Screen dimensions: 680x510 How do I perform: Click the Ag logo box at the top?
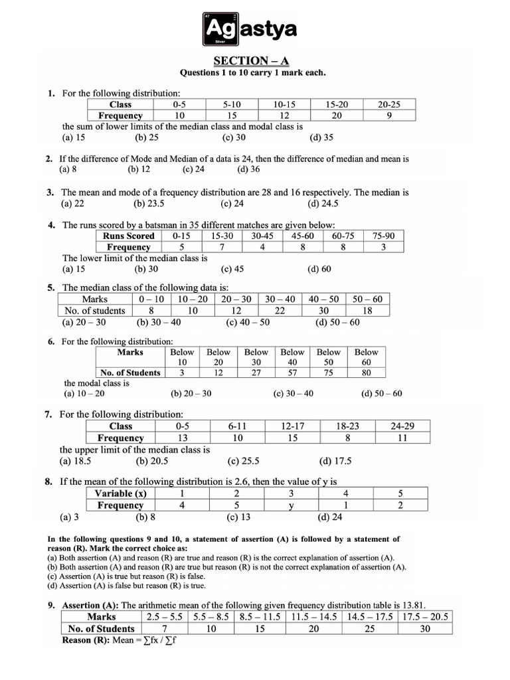pyautogui.click(x=218, y=29)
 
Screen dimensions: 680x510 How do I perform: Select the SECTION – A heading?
pyautogui.click(x=254, y=60)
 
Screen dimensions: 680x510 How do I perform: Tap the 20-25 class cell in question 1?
pyautogui.click(x=389, y=104)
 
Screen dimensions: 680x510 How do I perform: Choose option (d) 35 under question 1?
pyautogui.click(x=321, y=137)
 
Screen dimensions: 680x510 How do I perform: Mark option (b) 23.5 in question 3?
pyautogui.click(x=149, y=203)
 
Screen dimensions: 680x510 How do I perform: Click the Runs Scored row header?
pyautogui.click(x=129, y=236)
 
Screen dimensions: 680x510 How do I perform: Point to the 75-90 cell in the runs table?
pyautogui.click(x=383, y=236)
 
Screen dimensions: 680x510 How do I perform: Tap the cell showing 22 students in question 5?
pyautogui.click(x=280, y=310)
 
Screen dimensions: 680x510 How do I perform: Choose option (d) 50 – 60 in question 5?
pyautogui.click(x=337, y=322)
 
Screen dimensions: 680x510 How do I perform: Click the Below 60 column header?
pyautogui.click(x=366, y=357)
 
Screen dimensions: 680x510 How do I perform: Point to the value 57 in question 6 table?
pyautogui.click(x=292, y=373)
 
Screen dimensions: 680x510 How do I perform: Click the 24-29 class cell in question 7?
pyautogui.click(x=402, y=426)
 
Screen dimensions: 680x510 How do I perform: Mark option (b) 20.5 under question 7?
pyautogui.click(x=151, y=461)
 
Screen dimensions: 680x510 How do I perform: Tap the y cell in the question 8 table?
pyautogui.click(x=290, y=505)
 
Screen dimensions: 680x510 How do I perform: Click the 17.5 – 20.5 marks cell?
pyautogui.click(x=425, y=617)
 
